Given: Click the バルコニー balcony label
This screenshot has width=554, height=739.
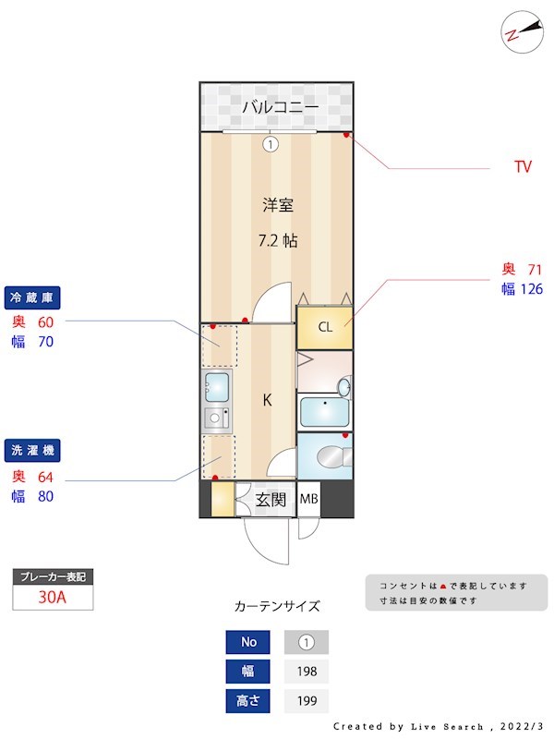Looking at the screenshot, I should pos(281,107).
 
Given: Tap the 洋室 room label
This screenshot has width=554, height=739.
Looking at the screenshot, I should pos(277,204).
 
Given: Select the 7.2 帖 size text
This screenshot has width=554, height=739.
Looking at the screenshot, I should pos(277,240).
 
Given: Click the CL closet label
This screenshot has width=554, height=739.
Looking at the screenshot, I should pos(324,327).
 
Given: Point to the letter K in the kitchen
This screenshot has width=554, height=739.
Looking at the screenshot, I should pos(267,400).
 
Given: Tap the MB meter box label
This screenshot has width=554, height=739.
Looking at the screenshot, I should pos(308,501).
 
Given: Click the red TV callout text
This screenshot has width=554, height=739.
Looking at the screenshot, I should pos(523,167).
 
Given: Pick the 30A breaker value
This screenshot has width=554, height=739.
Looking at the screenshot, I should pos(53,597).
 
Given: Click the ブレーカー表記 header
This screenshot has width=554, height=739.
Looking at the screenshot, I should pos(53,577).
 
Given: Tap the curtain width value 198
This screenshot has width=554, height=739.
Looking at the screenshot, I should pos(306,672).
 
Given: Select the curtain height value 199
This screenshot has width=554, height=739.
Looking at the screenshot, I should pos(306,701).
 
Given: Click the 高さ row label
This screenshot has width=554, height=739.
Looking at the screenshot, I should pos(248,701).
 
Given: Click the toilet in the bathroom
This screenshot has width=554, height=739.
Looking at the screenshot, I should pos(328,455).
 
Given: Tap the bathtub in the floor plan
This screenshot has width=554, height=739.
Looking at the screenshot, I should pos(322,409).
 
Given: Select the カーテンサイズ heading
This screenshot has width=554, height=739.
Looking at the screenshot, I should pos(277,607).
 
